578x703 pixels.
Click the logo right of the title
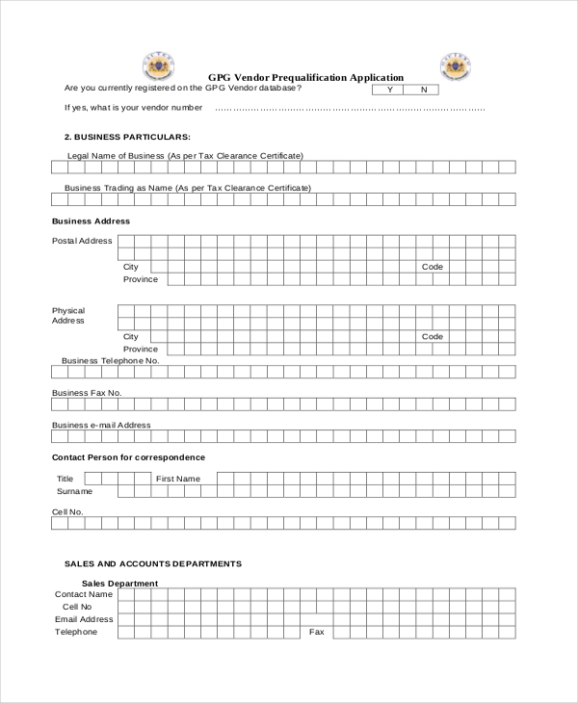455,65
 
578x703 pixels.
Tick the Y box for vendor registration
389,90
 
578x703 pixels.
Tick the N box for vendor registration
423,90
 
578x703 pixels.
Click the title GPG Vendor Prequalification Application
305,77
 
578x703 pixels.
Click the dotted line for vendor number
350,108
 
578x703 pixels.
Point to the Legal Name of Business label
185,155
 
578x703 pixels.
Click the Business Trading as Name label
188,188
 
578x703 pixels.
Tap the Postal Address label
82,241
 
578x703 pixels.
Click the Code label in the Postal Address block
433,267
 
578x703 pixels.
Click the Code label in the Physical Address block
433,336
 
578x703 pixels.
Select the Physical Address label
68,316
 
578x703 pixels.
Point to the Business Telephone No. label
110,360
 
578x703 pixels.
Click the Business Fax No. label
87,393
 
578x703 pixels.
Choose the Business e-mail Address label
101,425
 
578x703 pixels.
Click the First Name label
178,479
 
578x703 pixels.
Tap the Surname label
74,491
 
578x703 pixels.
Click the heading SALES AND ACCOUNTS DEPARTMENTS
153,563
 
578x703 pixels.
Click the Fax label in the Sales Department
316,632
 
